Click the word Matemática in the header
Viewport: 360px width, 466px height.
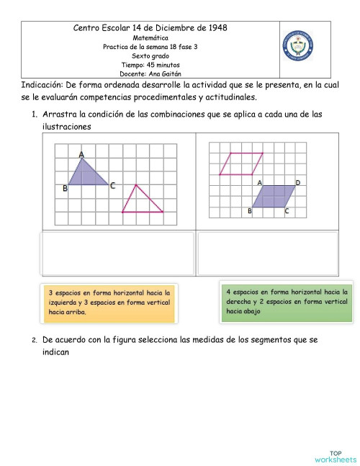[x=150, y=37]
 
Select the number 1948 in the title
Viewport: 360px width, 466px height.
[x=214, y=27]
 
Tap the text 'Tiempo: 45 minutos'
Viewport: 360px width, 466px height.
[x=150, y=64]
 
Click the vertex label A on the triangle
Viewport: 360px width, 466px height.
[x=81, y=154]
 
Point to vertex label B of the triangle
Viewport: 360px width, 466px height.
[x=65, y=188]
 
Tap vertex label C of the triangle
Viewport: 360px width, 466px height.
[x=112, y=185]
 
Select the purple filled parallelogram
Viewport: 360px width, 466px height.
[x=273, y=196]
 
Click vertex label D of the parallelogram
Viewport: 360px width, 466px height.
[x=297, y=183]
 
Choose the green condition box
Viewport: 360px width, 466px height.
[x=287, y=301]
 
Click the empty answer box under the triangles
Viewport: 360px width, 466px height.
[x=119, y=254]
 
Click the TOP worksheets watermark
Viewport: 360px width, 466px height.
[x=335, y=456]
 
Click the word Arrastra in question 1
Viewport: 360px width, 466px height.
[x=60, y=115]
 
